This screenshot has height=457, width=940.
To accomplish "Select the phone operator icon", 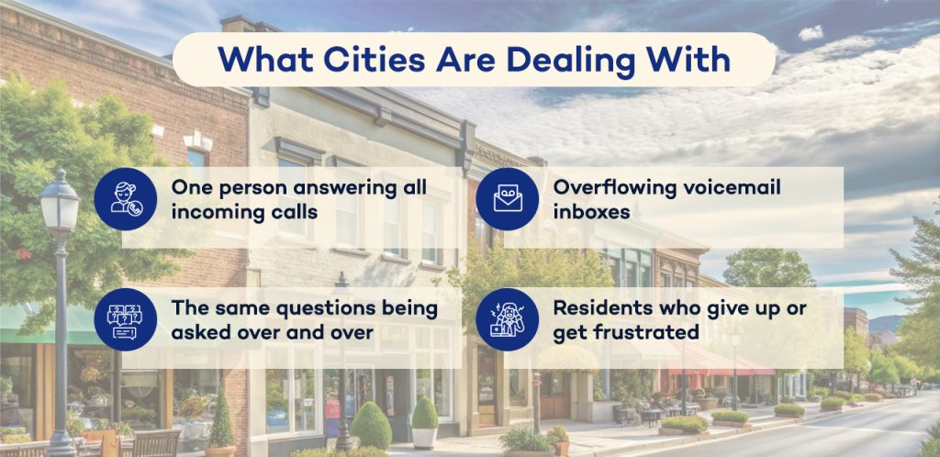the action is tap(126, 199).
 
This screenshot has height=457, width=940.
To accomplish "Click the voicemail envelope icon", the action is tap(507, 199).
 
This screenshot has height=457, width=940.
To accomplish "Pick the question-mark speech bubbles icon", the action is tap(126, 319).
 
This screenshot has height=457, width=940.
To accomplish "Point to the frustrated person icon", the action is tap(507, 319).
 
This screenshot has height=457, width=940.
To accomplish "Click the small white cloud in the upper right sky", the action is tap(811, 33).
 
